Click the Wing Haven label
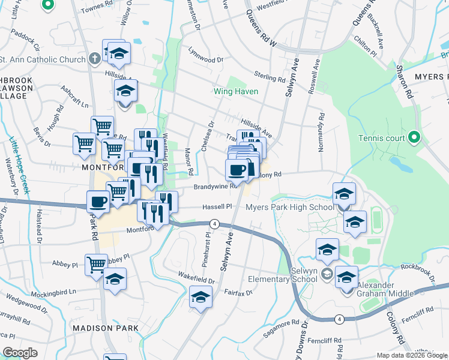[237, 91]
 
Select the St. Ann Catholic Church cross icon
[94, 58]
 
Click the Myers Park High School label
[289, 208]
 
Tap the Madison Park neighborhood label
[105, 328]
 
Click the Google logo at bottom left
[20, 353]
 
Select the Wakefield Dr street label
[196, 277]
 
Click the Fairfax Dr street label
[238, 293]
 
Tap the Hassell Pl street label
[217, 206]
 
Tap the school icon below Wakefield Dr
[200, 297]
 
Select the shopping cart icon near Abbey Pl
[96, 265]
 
